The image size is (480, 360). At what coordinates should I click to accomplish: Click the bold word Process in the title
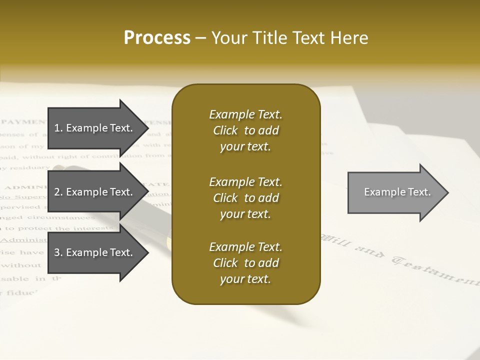pyautogui.click(x=157, y=38)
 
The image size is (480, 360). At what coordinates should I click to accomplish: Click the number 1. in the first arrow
pyautogui.click(x=58, y=128)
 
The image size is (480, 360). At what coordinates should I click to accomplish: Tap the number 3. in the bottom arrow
pyautogui.click(x=58, y=252)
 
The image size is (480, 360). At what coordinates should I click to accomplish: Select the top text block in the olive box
pyautogui.click(x=245, y=130)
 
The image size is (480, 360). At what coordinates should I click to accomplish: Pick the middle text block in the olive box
pyautogui.click(x=245, y=198)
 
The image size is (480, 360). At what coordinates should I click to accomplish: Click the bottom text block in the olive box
pyautogui.click(x=245, y=263)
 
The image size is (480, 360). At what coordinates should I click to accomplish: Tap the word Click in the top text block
pyautogui.click(x=225, y=130)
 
